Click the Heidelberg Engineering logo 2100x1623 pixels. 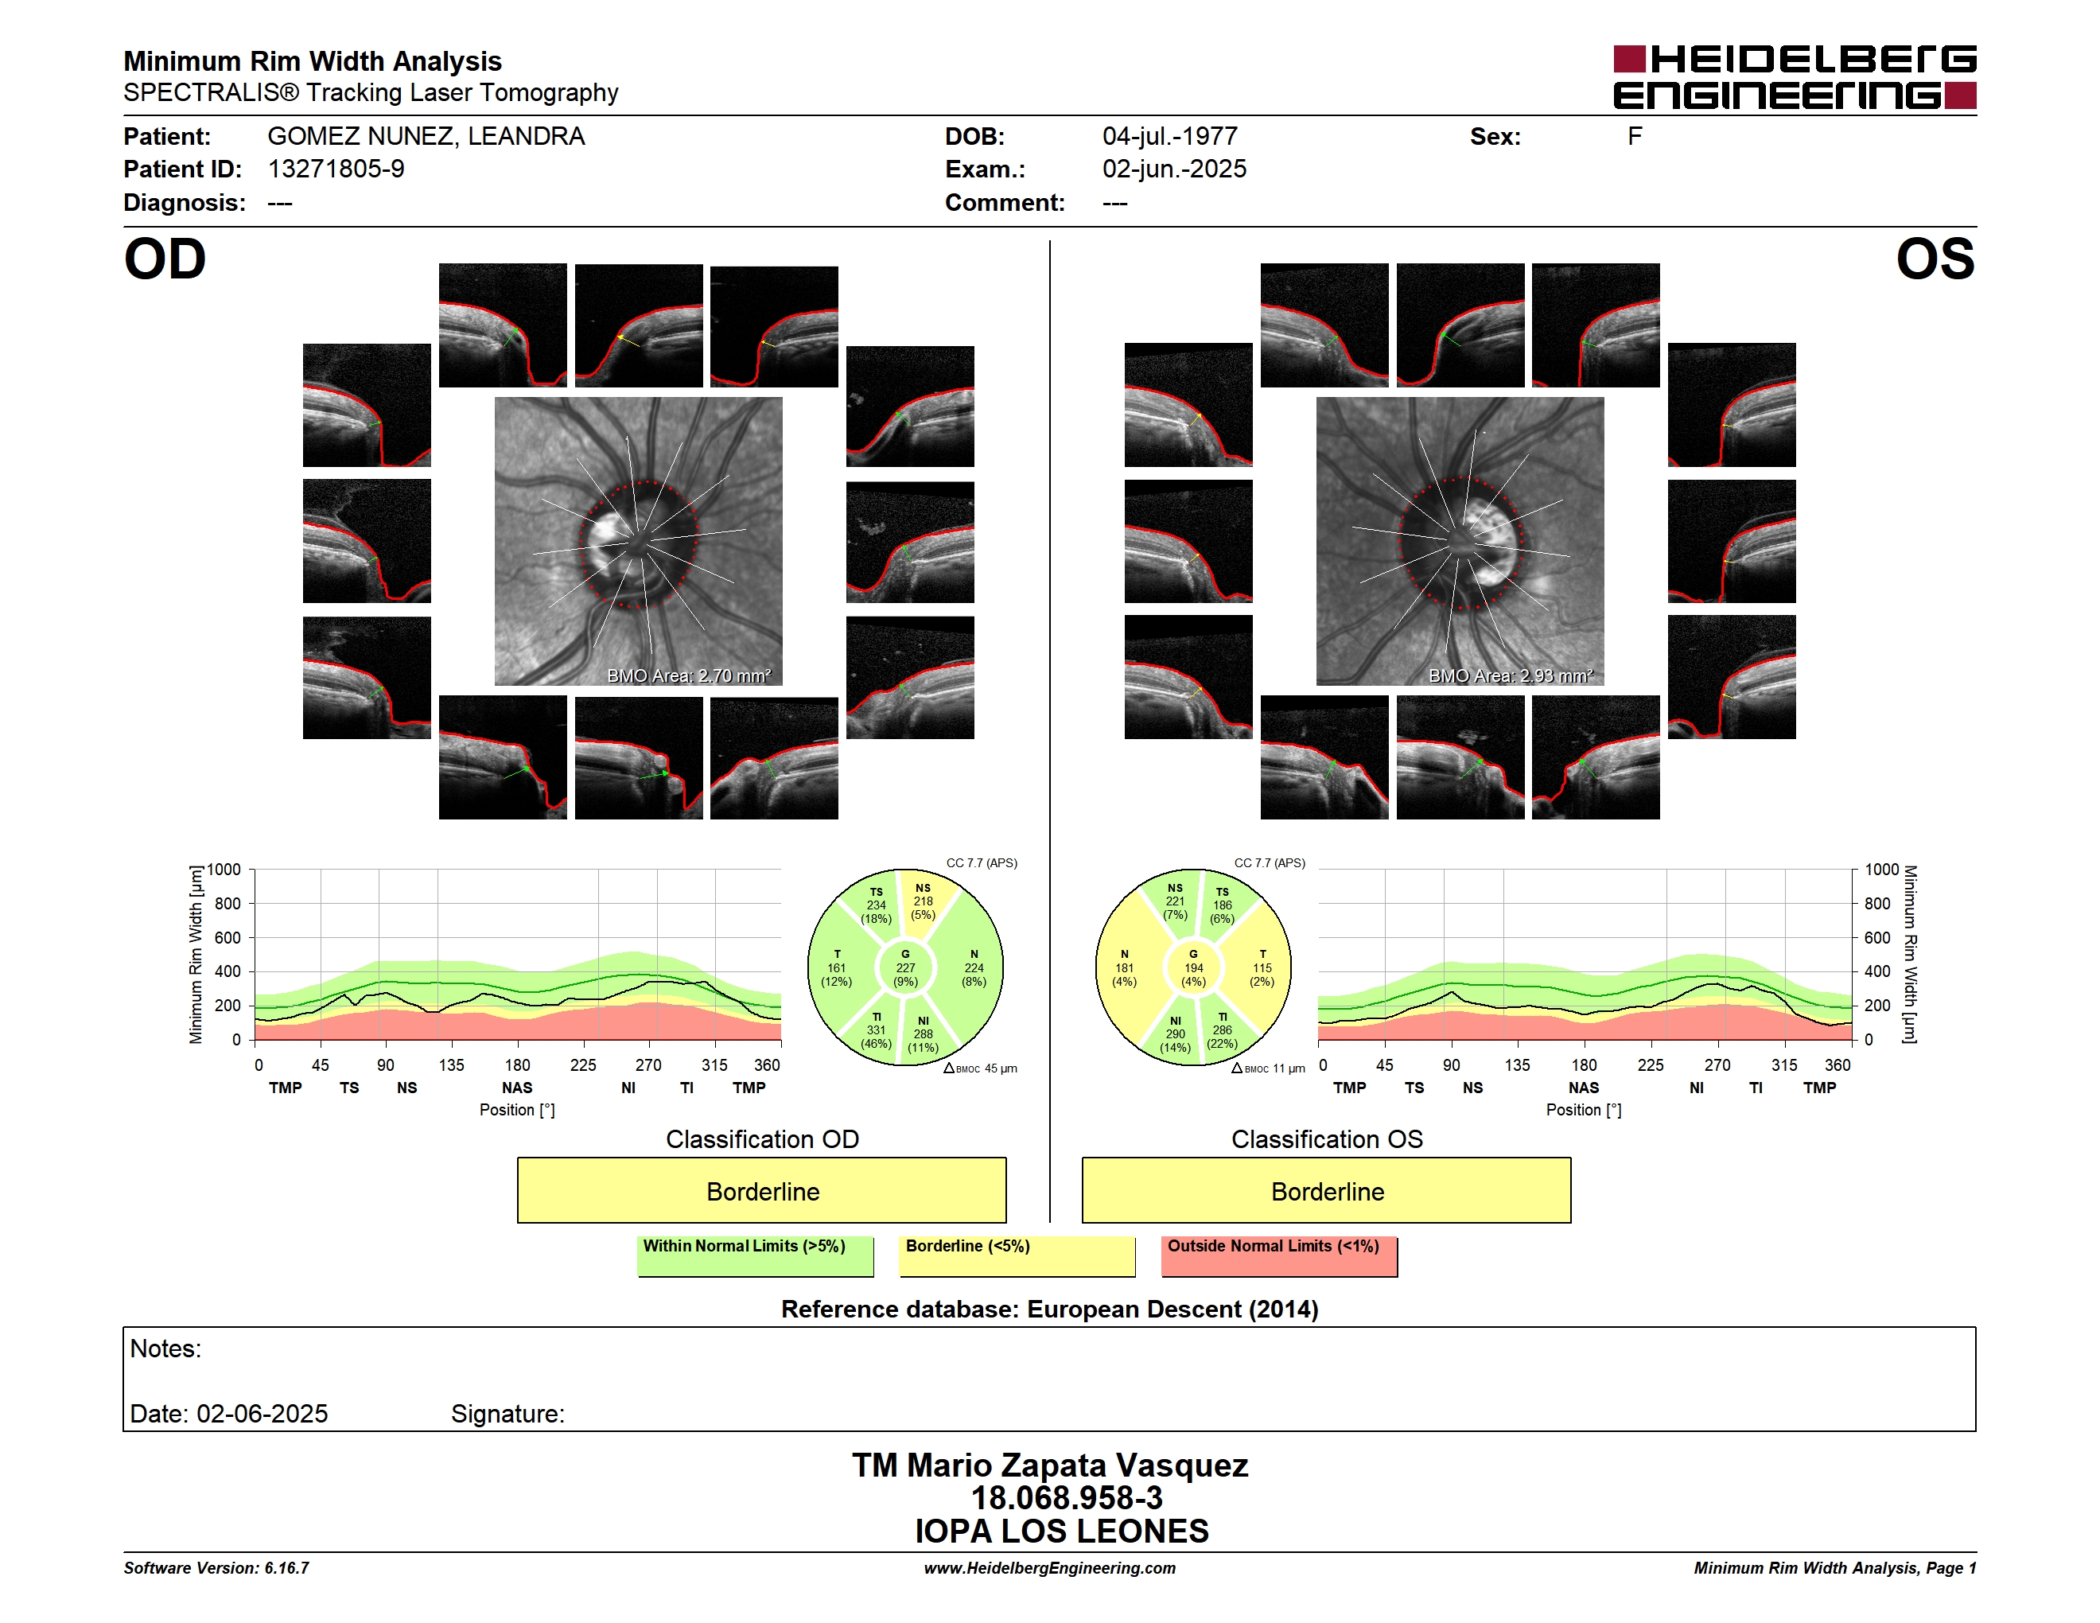1795,77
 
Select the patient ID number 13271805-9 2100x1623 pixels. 336,169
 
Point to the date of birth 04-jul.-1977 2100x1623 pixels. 1169,137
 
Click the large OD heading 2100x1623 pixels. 165,259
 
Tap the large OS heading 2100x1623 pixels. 1935,259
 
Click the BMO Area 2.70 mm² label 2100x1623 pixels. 688,676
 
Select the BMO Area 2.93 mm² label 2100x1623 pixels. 1511,676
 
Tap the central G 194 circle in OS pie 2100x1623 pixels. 1193,968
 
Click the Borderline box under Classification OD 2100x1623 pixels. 761,1190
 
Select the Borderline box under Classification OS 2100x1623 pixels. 1327,1190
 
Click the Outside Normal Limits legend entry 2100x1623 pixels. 1279,1255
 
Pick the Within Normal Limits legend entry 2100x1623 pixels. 756,1255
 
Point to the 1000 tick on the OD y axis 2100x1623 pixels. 223,870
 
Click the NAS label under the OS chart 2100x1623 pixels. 1584,1088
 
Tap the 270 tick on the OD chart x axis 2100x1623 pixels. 648,1064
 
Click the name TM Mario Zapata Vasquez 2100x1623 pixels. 1050,1465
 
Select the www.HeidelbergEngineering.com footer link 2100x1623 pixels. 1050,1568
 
